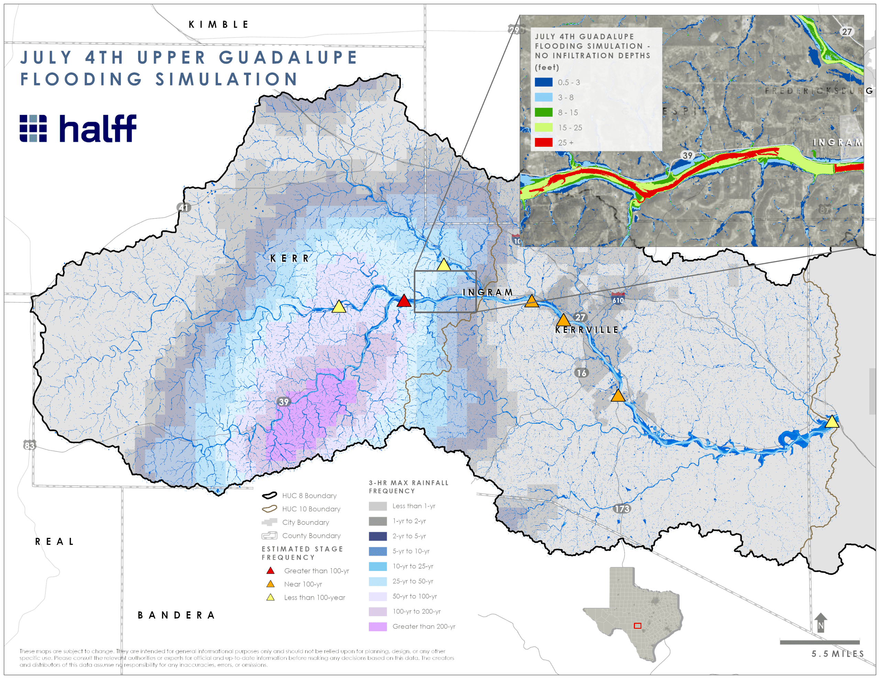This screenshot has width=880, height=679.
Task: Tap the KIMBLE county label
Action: pyautogui.click(x=219, y=25)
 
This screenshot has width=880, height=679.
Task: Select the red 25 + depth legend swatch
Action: pyautogui.click(x=543, y=142)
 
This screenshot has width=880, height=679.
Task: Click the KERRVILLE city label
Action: pyautogui.click(x=587, y=330)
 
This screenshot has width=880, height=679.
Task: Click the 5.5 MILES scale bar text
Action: pyautogui.click(x=838, y=654)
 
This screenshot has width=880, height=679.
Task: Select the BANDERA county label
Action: pyautogui.click(x=176, y=615)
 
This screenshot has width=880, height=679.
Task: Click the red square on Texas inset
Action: pyautogui.click(x=637, y=626)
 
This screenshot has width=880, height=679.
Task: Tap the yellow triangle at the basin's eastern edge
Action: pyautogui.click(x=832, y=422)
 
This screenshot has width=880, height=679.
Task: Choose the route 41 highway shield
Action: pyautogui.click(x=184, y=208)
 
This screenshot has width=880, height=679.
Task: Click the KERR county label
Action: pyautogui.click(x=289, y=258)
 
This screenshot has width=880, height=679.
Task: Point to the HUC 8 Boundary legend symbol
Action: pyautogui.click(x=269, y=495)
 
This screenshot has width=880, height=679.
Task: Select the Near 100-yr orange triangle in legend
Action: pyautogui.click(x=271, y=584)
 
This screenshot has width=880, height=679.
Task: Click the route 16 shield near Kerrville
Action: pyautogui.click(x=581, y=373)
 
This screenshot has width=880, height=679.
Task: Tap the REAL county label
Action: pyautogui.click(x=54, y=542)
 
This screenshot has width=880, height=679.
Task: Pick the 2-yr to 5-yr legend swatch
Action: pyautogui.click(x=377, y=536)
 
